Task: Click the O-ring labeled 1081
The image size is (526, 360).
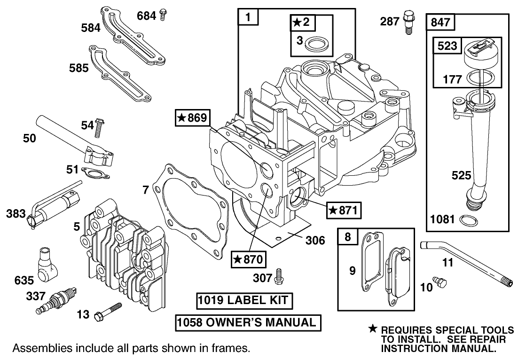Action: pos(468,220)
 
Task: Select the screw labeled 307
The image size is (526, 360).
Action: pos(279,277)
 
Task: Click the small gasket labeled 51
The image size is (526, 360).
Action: pos(94,172)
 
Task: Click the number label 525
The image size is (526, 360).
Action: pos(461,175)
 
